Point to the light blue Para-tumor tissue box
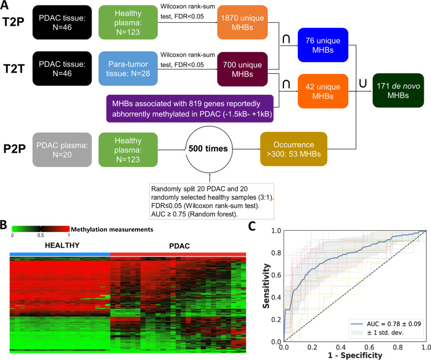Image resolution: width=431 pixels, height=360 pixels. point(127,69)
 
